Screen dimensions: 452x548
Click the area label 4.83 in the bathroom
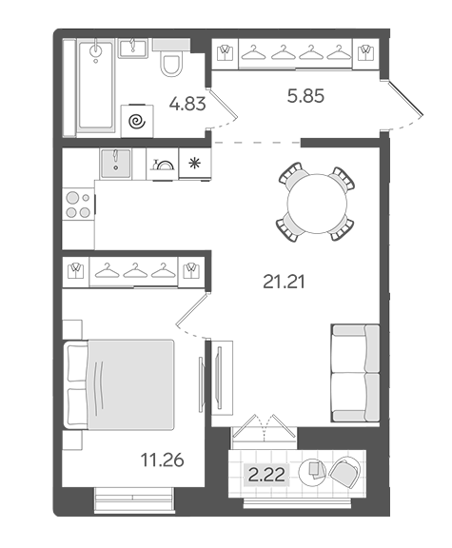[x=187, y=104]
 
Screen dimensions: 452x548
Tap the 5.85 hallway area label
[x=305, y=96]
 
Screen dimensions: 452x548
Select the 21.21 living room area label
[x=284, y=282]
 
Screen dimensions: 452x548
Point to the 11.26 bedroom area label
[x=162, y=460]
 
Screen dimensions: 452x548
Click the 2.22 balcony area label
[x=266, y=475]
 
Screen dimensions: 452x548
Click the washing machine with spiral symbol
[x=137, y=121]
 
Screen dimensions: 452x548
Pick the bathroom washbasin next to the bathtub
[x=133, y=49]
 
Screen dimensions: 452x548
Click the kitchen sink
[x=116, y=163]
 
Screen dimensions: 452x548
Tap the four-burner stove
[x=78, y=205]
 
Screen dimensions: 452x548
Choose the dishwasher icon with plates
[x=163, y=164]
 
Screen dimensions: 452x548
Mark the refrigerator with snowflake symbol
[x=195, y=164]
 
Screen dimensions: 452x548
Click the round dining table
[x=317, y=204]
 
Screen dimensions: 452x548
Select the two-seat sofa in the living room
[x=355, y=373]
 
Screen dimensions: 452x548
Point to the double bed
[x=119, y=384]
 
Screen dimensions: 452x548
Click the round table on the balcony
[x=312, y=472]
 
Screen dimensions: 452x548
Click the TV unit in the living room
[x=222, y=378]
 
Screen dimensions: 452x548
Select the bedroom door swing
[x=192, y=316]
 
